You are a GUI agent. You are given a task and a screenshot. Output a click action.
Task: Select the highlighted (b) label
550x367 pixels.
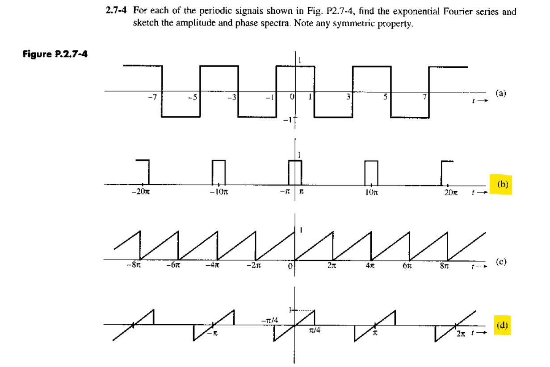point(502,183)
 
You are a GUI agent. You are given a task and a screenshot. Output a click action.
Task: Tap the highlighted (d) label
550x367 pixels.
point(502,324)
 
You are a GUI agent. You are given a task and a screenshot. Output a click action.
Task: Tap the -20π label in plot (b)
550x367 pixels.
point(139,193)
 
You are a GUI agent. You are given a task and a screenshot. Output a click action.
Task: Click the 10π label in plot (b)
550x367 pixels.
point(370,193)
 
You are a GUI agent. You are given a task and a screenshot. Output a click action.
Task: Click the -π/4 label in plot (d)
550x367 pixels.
point(270,320)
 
